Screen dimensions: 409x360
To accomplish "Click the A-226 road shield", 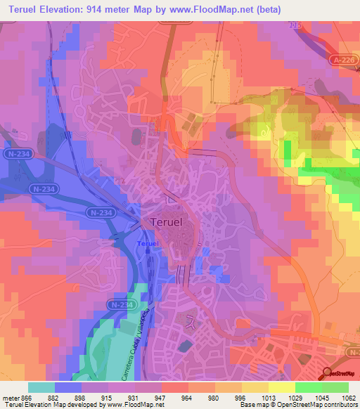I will click(343, 61).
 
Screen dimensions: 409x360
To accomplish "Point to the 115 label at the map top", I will click(295, 25).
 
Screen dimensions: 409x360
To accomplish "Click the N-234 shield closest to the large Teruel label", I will click(101, 212).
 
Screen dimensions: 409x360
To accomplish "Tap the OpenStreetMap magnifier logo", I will click(326, 374).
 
